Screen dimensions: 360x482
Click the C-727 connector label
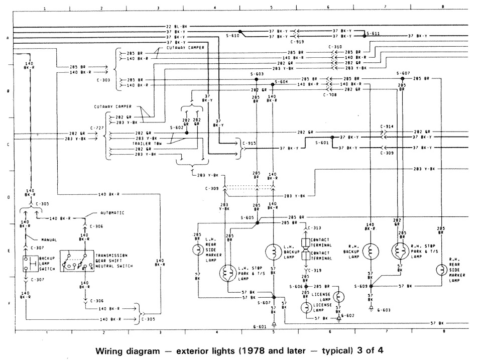97,128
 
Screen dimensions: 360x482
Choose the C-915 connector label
249,143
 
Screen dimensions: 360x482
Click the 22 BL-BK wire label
176,26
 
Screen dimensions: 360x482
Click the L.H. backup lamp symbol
273,251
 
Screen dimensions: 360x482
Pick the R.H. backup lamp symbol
370,250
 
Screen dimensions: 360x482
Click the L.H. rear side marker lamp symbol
198,250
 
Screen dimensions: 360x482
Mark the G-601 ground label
260,327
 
